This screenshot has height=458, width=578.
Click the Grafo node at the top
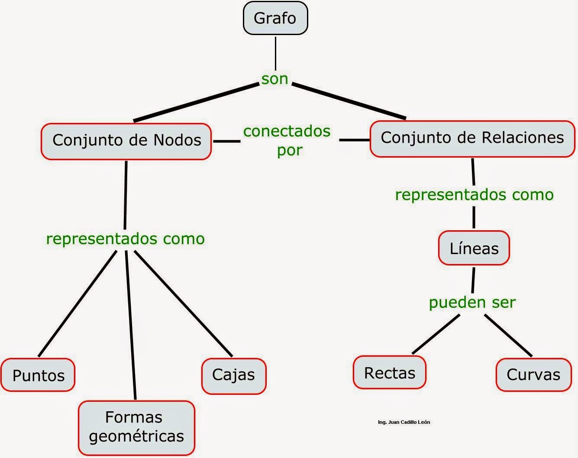point(275,18)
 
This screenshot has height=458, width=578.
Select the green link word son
point(274,79)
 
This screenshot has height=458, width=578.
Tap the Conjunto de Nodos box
point(126,141)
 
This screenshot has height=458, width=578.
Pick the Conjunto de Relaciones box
point(472,138)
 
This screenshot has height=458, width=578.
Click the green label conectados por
point(287,140)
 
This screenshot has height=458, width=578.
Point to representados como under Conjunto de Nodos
point(125,239)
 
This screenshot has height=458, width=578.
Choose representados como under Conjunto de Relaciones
point(474,194)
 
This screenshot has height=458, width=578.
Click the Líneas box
point(474,248)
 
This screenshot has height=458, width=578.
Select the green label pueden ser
point(472,302)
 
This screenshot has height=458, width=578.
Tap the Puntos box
point(38,375)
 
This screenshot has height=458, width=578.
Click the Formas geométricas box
point(136,427)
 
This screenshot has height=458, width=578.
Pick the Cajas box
point(233,375)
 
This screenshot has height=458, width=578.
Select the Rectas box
point(389,373)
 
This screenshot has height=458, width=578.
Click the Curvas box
point(533,374)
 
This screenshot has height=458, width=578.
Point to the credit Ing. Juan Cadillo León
point(404,422)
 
